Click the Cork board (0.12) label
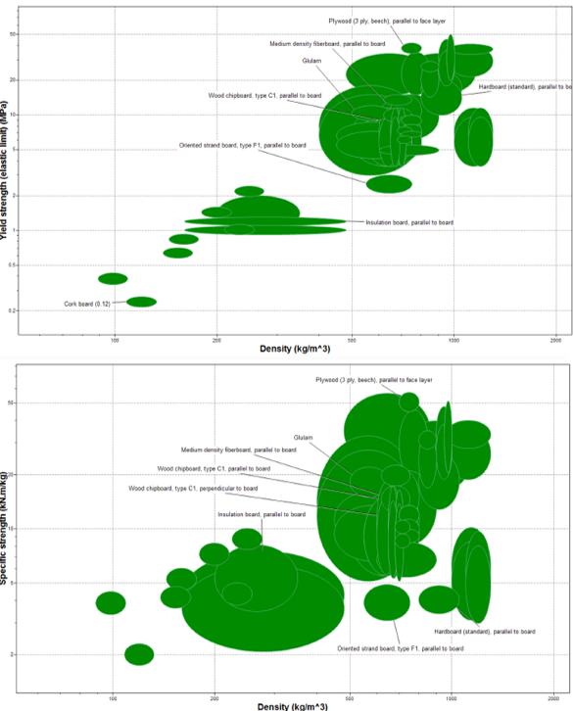tap(85, 305)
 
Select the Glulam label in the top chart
tap(312, 61)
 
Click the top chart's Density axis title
tap(294, 349)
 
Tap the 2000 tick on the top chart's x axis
tap(555, 339)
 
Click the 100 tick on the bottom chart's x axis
tap(114, 696)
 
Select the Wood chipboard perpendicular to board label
tap(193, 488)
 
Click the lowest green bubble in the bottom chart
tap(139, 654)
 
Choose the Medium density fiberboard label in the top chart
tap(327, 44)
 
